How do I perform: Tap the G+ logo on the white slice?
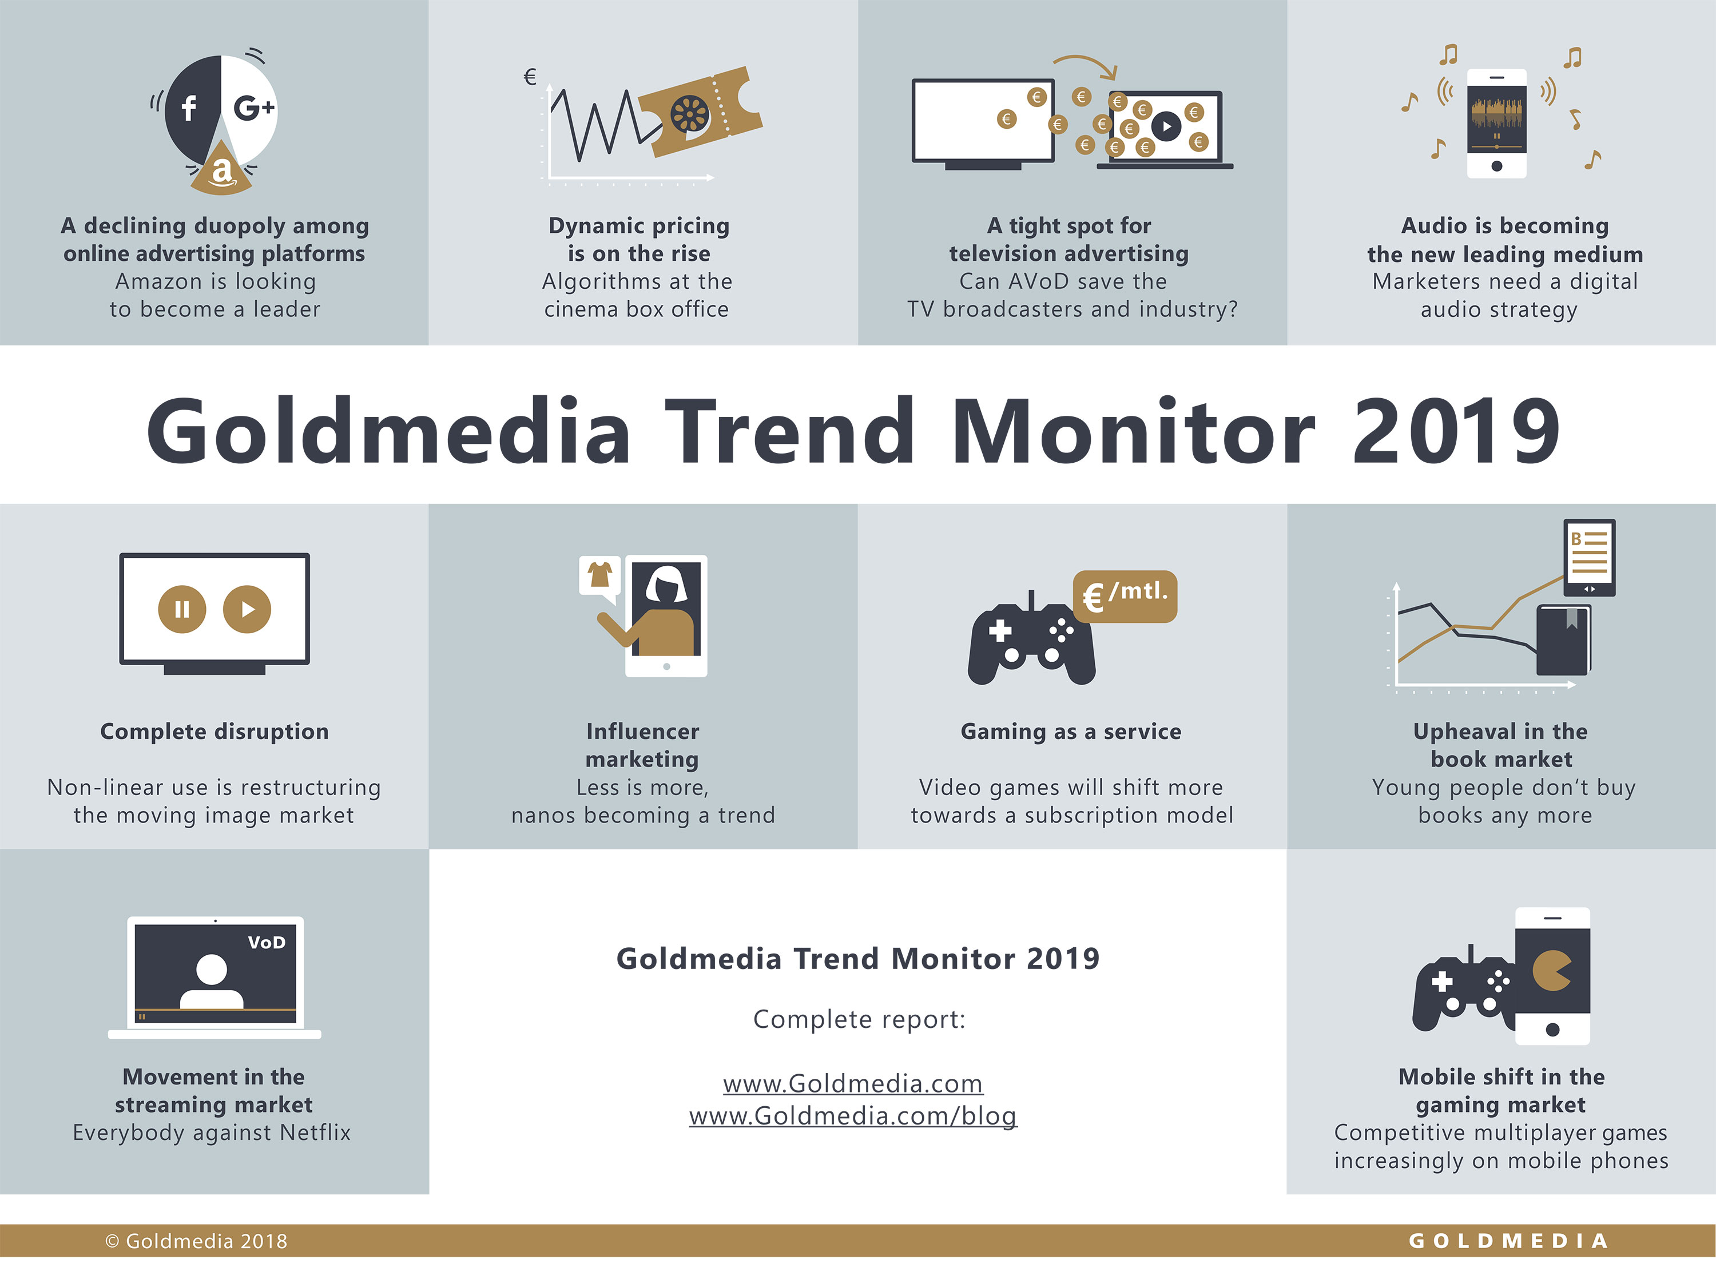click(253, 107)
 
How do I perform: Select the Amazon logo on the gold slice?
click(221, 170)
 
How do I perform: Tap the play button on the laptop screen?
click(1166, 126)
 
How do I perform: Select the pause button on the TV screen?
click(182, 609)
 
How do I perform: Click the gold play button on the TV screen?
click(247, 609)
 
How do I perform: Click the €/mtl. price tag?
click(1125, 597)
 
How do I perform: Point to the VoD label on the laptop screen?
click(267, 943)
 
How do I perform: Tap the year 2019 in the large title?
click(1456, 431)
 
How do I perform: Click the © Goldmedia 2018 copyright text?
click(196, 1241)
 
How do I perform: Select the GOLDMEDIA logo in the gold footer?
click(1508, 1241)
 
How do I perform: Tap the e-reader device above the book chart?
click(1590, 558)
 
